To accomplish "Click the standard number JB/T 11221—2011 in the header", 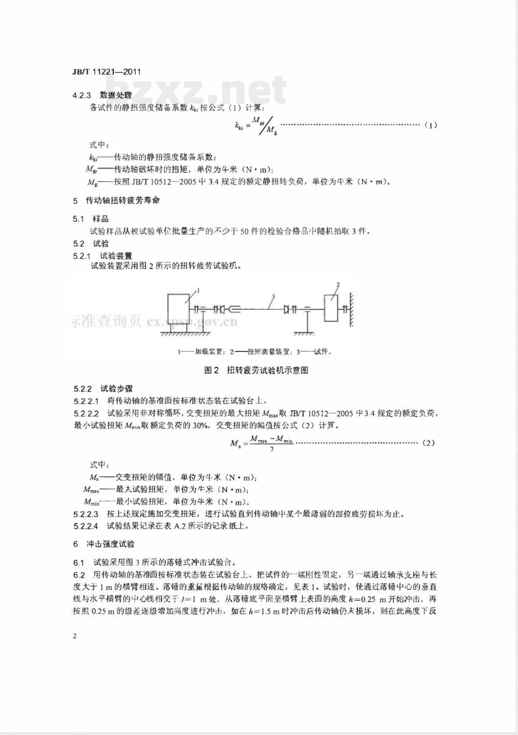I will tap(107, 73).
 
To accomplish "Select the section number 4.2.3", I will tap(82, 95).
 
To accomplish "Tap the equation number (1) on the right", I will tap(430, 125).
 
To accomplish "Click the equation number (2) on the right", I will tap(428, 443).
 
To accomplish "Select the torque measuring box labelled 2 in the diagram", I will tap(331, 308).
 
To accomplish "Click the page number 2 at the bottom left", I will tap(75, 636).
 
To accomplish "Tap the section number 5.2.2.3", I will tap(86, 514).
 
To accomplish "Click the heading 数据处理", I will tap(116, 95).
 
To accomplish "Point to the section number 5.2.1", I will tap(82, 256).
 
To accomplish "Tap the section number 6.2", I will tap(79, 575).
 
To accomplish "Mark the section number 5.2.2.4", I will tap(86, 526).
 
